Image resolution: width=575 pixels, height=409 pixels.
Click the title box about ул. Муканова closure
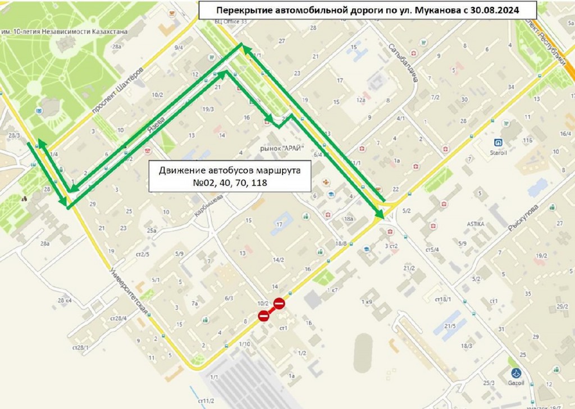(x=368, y=10)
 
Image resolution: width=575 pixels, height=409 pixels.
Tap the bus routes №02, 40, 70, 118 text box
(x=230, y=177)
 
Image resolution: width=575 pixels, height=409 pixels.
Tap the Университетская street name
(x=130, y=292)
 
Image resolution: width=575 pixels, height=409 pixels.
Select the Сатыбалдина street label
(x=405, y=63)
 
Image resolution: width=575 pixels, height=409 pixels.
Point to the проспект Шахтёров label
(x=118, y=95)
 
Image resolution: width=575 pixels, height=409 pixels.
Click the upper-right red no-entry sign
(x=279, y=304)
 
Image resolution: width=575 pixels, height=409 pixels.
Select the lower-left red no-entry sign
(x=263, y=316)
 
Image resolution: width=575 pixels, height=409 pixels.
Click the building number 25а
(x=151, y=231)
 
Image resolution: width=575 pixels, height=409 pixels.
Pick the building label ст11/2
(x=206, y=401)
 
